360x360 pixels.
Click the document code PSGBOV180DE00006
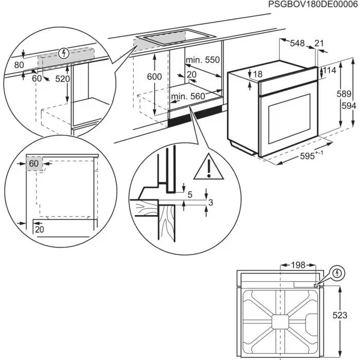(x=312, y=5)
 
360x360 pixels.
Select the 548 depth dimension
(x=297, y=44)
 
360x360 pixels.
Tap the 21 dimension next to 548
(x=320, y=44)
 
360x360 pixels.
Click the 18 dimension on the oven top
(x=258, y=75)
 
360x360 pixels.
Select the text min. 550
(x=203, y=60)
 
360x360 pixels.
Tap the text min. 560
(x=188, y=96)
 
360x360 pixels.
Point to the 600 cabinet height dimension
(x=154, y=77)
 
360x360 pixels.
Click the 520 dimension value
(x=63, y=79)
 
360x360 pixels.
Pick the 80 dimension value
(x=20, y=65)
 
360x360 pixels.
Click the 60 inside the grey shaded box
(x=34, y=163)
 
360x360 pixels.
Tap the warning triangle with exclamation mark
(x=209, y=167)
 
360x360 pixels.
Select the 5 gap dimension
(x=190, y=194)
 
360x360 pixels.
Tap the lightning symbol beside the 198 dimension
(x=337, y=272)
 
